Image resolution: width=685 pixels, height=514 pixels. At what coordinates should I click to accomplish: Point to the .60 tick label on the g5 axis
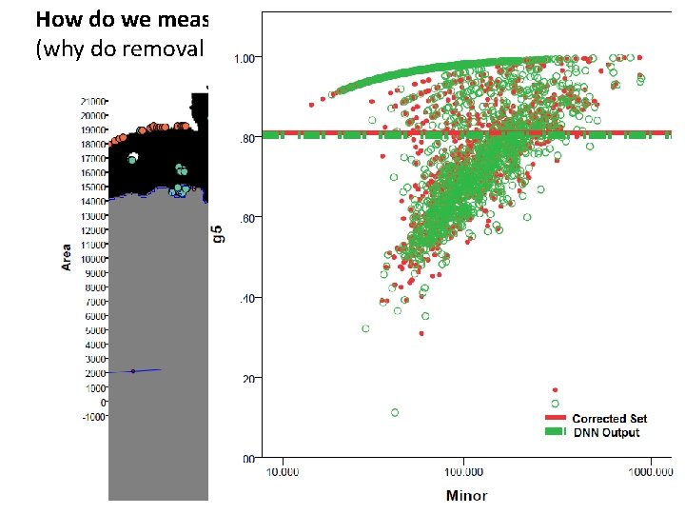click(x=245, y=218)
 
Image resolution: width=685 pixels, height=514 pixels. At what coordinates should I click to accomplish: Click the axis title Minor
click(x=467, y=496)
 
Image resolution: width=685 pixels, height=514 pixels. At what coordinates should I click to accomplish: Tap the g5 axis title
click(x=218, y=233)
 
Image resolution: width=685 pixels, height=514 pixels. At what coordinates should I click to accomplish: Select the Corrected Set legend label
click(x=609, y=419)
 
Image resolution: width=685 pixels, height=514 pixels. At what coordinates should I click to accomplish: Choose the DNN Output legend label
click(x=605, y=432)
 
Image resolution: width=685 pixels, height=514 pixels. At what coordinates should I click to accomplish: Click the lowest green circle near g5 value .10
click(x=395, y=412)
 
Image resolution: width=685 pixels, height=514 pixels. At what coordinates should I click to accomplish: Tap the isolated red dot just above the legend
click(x=555, y=390)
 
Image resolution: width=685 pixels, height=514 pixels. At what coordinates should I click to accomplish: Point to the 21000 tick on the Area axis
click(x=92, y=101)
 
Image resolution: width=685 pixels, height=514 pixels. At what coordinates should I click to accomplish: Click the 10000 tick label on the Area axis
click(x=92, y=259)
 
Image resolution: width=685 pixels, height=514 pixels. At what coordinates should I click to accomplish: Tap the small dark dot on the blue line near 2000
click(x=133, y=371)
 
